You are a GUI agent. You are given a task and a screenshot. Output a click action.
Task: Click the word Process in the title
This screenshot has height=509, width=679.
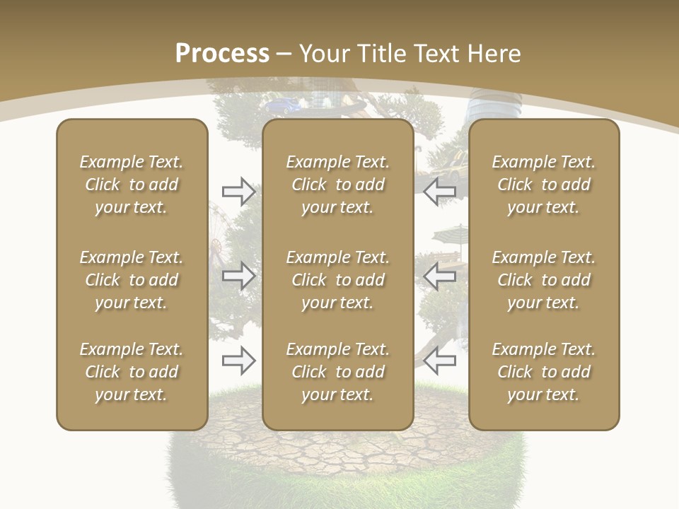[222, 54]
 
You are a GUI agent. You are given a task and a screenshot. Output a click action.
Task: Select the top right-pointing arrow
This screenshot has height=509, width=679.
[239, 191]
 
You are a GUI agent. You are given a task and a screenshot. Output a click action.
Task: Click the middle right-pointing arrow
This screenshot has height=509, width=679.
[239, 276]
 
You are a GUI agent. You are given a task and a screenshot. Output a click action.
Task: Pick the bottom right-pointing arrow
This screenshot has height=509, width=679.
[239, 361]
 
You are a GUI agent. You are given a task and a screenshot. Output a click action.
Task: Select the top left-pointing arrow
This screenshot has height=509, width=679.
[440, 191]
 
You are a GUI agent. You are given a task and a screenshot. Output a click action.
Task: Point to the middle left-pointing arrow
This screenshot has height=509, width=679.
[440, 276]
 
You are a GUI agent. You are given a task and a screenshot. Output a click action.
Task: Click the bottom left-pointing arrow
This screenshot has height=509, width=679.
[440, 361]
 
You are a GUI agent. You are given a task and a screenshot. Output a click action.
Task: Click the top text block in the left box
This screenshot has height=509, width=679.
[132, 185]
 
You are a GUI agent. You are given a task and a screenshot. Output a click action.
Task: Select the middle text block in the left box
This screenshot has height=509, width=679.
[132, 280]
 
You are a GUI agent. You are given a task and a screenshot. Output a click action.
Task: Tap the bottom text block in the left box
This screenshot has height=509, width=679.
[132, 372]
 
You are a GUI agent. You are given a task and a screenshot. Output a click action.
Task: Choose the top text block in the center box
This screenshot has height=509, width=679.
[337, 185]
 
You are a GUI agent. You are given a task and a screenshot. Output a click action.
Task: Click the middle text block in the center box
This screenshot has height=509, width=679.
[337, 280]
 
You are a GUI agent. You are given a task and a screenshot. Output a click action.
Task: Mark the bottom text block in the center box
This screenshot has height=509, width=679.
[337, 372]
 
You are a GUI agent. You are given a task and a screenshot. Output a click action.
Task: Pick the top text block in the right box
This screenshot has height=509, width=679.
[543, 185]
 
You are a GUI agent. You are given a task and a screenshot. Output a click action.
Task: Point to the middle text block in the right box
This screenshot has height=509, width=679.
[543, 280]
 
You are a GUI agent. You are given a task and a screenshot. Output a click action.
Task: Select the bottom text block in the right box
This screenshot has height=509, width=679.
[543, 372]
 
